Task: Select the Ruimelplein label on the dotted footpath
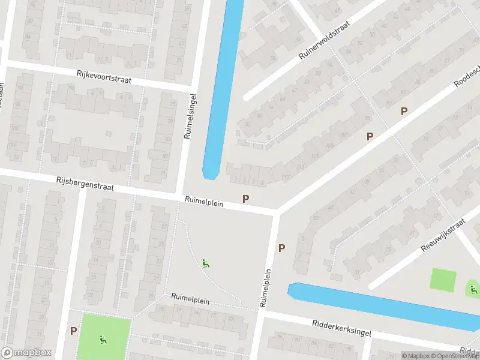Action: [190, 298]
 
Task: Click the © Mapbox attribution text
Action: [416, 356]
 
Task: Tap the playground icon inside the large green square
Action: [103, 339]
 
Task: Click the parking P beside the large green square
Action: [73, 331]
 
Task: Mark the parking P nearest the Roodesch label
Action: [404, 111]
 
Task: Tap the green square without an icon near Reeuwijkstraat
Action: [443, 280]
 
